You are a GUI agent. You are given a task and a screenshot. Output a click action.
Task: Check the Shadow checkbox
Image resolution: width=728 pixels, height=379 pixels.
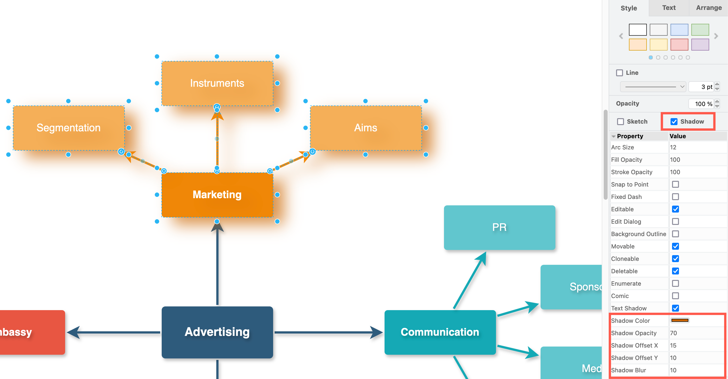click(x=674, y=122)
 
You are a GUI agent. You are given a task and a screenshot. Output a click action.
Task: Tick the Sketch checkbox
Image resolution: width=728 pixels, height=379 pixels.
click(x=621, y=122)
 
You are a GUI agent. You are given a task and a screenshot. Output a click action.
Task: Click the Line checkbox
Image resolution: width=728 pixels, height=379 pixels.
click(x=620, y=73)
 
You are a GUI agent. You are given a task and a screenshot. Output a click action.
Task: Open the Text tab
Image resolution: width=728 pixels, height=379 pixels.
click(x=669, y=8)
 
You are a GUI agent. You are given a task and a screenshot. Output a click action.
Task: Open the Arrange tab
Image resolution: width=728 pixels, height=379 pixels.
click(x=708, y=8)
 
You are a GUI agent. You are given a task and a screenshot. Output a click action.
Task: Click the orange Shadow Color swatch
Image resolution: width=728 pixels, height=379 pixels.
click(x=680, y=321)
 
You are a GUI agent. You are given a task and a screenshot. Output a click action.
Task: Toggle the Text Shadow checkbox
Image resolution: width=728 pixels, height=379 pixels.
click(x=676, y=308)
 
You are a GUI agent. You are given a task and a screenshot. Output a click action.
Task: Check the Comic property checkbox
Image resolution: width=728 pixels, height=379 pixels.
click(x=676, y=296)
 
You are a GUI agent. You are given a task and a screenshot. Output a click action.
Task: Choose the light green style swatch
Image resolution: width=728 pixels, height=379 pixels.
click(x=700, y=30)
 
